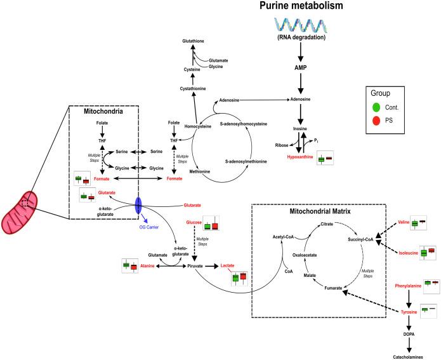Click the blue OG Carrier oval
[x=138, y=206]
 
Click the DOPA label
[x=408, y=334]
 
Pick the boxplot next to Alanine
[x=130, y=266]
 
